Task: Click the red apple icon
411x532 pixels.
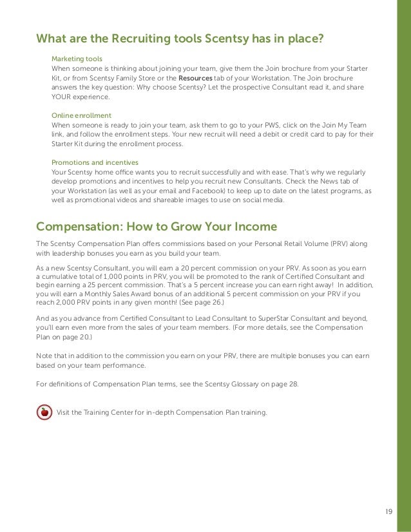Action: click(43, 412)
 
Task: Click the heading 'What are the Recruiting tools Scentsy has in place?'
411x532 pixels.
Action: click(180, 39)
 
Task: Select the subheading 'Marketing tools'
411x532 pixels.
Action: click(76, 59)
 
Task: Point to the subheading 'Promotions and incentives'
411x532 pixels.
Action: click(94, 162)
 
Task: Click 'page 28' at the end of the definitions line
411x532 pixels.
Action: click(283, 385)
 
